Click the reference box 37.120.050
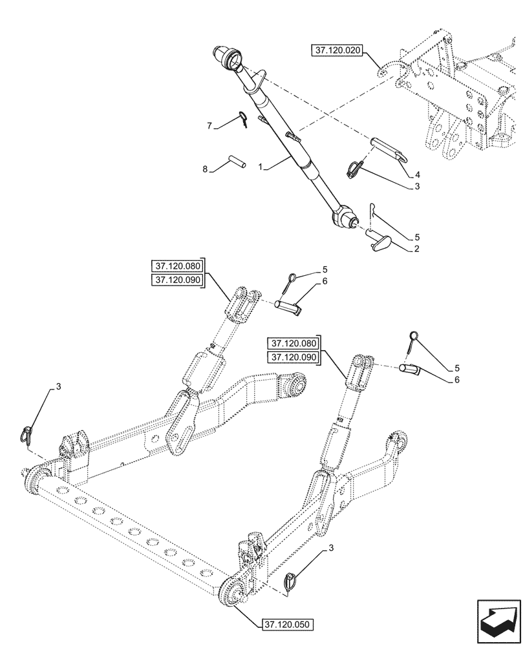286,624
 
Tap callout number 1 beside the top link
261,167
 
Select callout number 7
209,127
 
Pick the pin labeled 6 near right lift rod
409,369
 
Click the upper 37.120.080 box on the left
177,266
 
